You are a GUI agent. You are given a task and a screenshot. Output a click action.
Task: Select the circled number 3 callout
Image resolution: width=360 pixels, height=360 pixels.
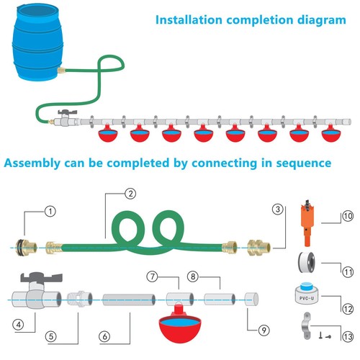tap(276, 210)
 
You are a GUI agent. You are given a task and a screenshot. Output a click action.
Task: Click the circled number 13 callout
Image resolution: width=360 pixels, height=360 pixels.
tap(346, 335)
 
